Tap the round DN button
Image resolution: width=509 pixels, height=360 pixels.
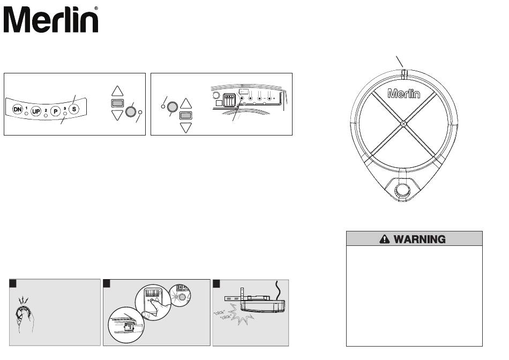click(x=18, y=109)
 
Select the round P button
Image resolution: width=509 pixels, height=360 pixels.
click(x=55, y=105)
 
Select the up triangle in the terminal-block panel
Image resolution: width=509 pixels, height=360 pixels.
click(x=186, y=103)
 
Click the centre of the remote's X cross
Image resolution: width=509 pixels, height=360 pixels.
click(x=403, y=124)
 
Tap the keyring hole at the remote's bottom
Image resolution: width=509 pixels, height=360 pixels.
click(x=403, y=191)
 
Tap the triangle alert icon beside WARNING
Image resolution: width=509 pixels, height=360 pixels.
click(x=384, y=239)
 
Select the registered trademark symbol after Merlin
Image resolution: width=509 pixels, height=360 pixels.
click(x=96, y=9)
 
